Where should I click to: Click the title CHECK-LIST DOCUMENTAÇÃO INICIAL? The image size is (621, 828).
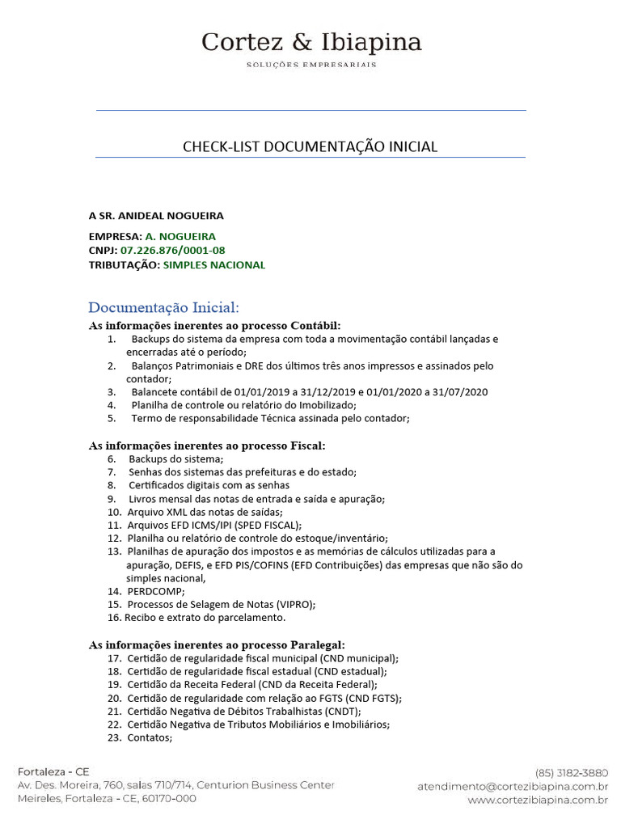point(310,146)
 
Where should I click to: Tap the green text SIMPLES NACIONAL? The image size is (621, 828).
point(214,265)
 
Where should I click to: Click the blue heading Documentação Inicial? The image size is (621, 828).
point(163,308)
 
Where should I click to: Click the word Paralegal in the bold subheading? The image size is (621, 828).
point(317,644)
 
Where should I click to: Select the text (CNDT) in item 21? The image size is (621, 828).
point(342,711)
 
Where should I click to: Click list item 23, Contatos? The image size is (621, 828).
point(150,737)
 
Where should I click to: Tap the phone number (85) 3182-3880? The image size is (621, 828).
point(571,772)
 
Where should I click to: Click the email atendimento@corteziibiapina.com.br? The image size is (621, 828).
point(513,786)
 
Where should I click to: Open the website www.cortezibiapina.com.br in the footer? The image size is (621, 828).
point(538,800)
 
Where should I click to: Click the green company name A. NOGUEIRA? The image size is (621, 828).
point(180,237)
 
